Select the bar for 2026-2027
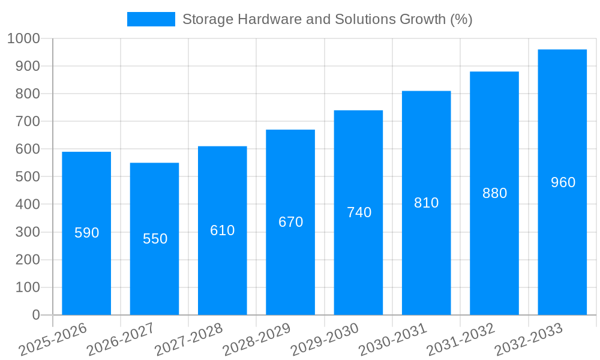tap(154, 276)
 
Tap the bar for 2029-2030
tap(358, 264)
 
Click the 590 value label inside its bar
tap(86, 233)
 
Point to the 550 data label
tap(155, 239)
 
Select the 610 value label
tap(222, 230)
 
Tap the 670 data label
tap(290, 222)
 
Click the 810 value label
tap(426, 203)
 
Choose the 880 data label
tap(494, 193)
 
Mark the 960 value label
tap(563, 182)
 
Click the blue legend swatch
tap(151, 19)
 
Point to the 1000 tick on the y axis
tap(23, 38)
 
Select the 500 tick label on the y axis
tap(27, 177)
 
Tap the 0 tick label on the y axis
tap(36, 315)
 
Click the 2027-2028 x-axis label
tap(189, 340)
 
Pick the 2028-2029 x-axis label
tap(257, 340)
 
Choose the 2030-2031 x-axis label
tap(393, 340)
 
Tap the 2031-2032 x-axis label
tap(461, 340)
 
